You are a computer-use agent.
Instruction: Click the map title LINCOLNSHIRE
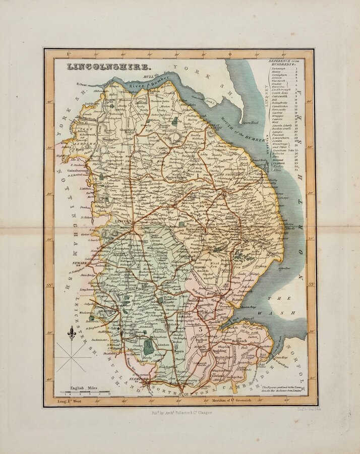click(108, 67)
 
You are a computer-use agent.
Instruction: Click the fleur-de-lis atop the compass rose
click(71, 333)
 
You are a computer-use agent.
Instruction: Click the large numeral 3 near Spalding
click(201, 329)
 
